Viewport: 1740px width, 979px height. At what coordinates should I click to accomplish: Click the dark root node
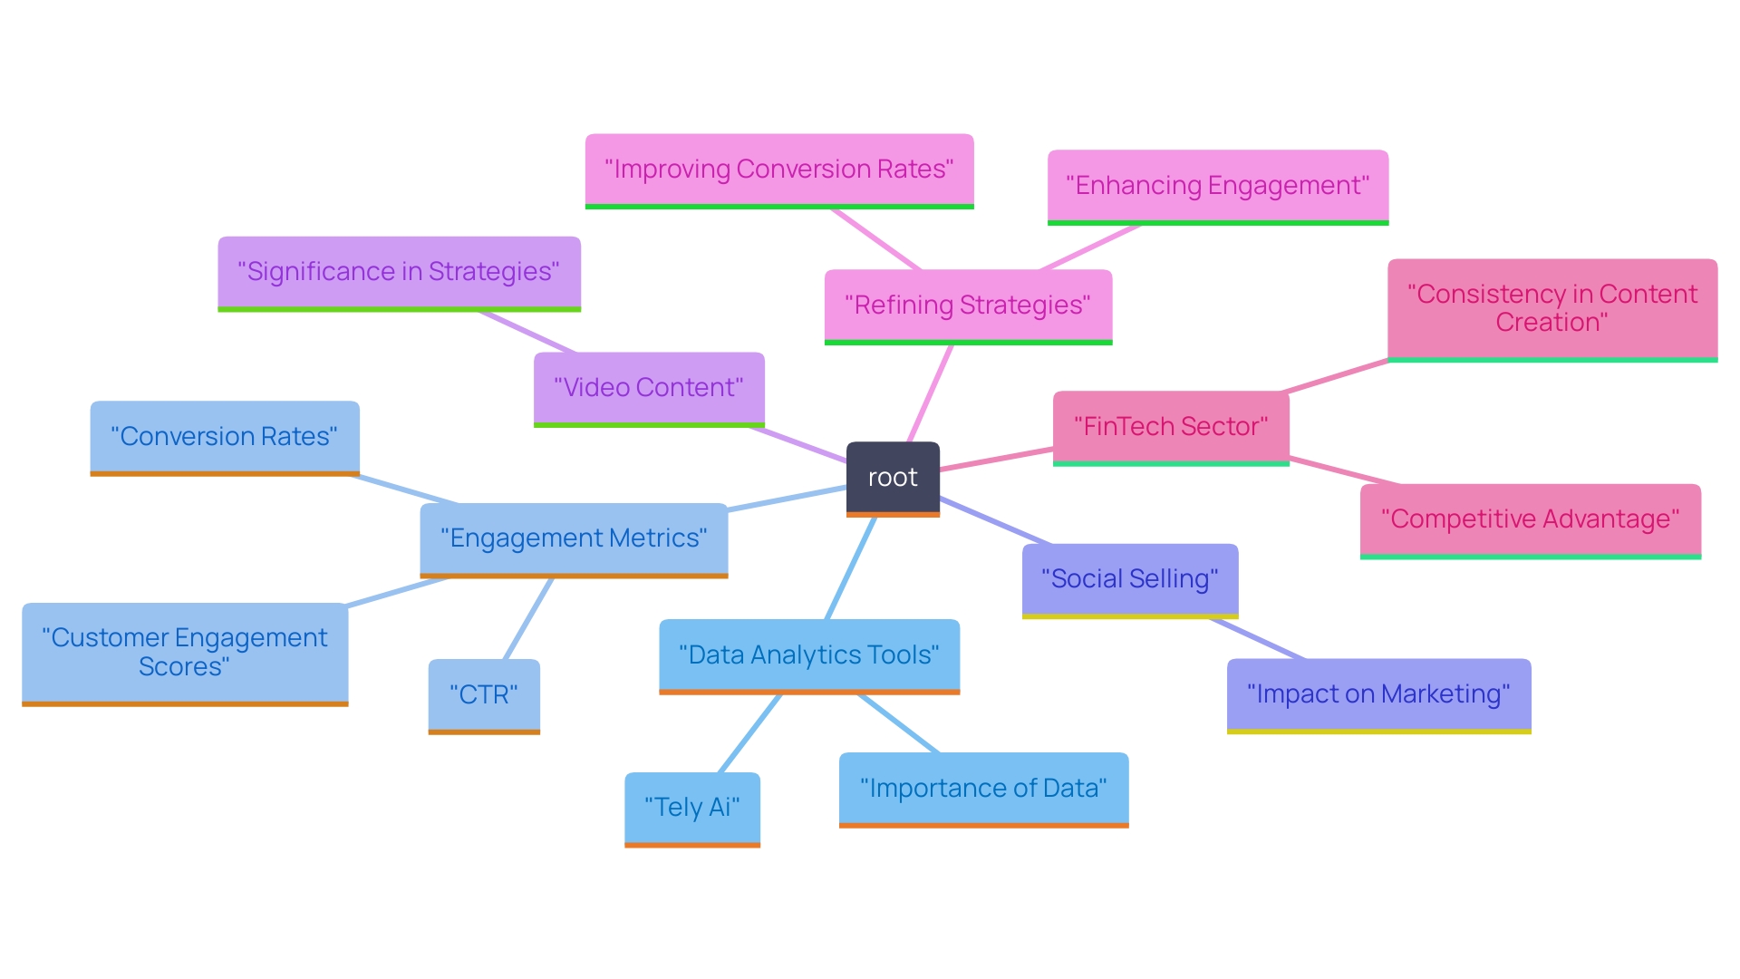[893, 478]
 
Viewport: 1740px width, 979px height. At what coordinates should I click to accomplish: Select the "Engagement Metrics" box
[574, 538]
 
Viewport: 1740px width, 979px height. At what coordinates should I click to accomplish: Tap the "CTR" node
[484, 695]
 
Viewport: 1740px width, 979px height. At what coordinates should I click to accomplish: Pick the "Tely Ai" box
[692, 808]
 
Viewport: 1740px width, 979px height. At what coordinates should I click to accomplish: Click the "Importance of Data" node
[983, 789]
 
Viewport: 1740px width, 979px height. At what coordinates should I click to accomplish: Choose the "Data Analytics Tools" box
[809, 655]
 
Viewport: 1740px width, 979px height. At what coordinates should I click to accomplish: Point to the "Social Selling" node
[1130, 579]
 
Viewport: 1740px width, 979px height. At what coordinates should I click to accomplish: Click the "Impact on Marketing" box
[1378, 694]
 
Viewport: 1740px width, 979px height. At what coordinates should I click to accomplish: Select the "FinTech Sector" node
[1171, 427]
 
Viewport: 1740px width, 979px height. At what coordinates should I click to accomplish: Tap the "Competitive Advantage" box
[1530, 519]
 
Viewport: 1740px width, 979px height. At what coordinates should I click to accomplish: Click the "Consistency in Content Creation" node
[1552, 308]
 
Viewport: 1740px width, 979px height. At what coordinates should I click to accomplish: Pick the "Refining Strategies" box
[968, 305]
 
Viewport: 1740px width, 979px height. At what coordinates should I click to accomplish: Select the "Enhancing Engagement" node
[1218, 186]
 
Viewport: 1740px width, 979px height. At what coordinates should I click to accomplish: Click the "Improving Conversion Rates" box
[779, 170]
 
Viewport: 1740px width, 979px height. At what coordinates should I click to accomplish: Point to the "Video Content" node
[649, 388]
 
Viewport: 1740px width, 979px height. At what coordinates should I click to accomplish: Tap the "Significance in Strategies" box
[399, 272]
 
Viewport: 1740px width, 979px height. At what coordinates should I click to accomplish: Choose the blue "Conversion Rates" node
[225, 437]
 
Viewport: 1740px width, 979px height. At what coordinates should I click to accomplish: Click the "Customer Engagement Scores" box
[185, 653]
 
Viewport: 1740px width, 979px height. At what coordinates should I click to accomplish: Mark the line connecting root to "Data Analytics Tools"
[851, 568]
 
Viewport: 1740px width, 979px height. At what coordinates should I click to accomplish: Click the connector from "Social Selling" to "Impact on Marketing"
[1258, 638]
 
